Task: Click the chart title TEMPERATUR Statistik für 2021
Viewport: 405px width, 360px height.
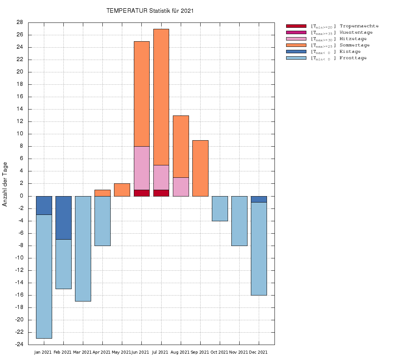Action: tap(150, 11)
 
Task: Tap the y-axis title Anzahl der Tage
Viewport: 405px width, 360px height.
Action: tap(5, 184)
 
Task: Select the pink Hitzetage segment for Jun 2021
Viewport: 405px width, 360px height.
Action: tap(142, 168)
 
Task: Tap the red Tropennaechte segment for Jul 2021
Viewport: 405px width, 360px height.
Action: tap(161, 193)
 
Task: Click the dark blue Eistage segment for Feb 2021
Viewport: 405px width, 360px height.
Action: tap(63, 217)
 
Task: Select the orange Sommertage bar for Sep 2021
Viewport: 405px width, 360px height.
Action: tap(200, 168)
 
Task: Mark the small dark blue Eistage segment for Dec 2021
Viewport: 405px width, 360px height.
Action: tap(259, 199)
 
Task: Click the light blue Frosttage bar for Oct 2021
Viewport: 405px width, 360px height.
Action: tap(220, 208)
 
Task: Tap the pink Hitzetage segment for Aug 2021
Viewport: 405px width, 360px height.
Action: tap(181, 186)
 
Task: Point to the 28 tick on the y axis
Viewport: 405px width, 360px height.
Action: tap(20, 22)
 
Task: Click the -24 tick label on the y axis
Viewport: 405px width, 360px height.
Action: tap(19, 345)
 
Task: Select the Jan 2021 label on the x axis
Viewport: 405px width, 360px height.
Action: tap(43, 352)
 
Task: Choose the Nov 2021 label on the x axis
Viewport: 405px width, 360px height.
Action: tap(238, 352)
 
